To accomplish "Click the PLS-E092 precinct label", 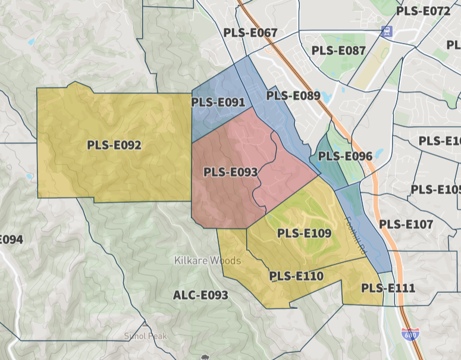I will pyautogui.click(x=114, y=145).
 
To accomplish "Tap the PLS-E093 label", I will pyautogui.click(x=230, y=173).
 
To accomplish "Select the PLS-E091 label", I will pyautogui.click(x=218, y=102).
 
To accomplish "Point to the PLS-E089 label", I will pyautogui.click(x=293, y=95).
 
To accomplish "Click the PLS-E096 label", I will pyautogui.click(x=345, y=156).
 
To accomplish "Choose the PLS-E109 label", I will pyautogui.click(x=304, y=233).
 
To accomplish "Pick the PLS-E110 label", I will pyautogui.click(x=296, y=276).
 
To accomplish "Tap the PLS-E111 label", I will pyautogui.click(x=388, y=288).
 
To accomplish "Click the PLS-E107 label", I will pyautogui.click(x=406, y=224).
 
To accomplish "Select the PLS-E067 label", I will pyautogui.click(x=250, y=33).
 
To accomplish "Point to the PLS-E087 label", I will pyautogui.click(x=338, y=51).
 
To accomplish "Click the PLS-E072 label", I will pyautogui.click(x=423, y=11).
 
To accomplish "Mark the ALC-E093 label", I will pyautogui.click(x=200, y=295).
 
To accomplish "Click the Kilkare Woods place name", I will pyautogui.click(x=208, y=261).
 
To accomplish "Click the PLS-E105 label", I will pyautogui.click(x=436, y=190).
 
